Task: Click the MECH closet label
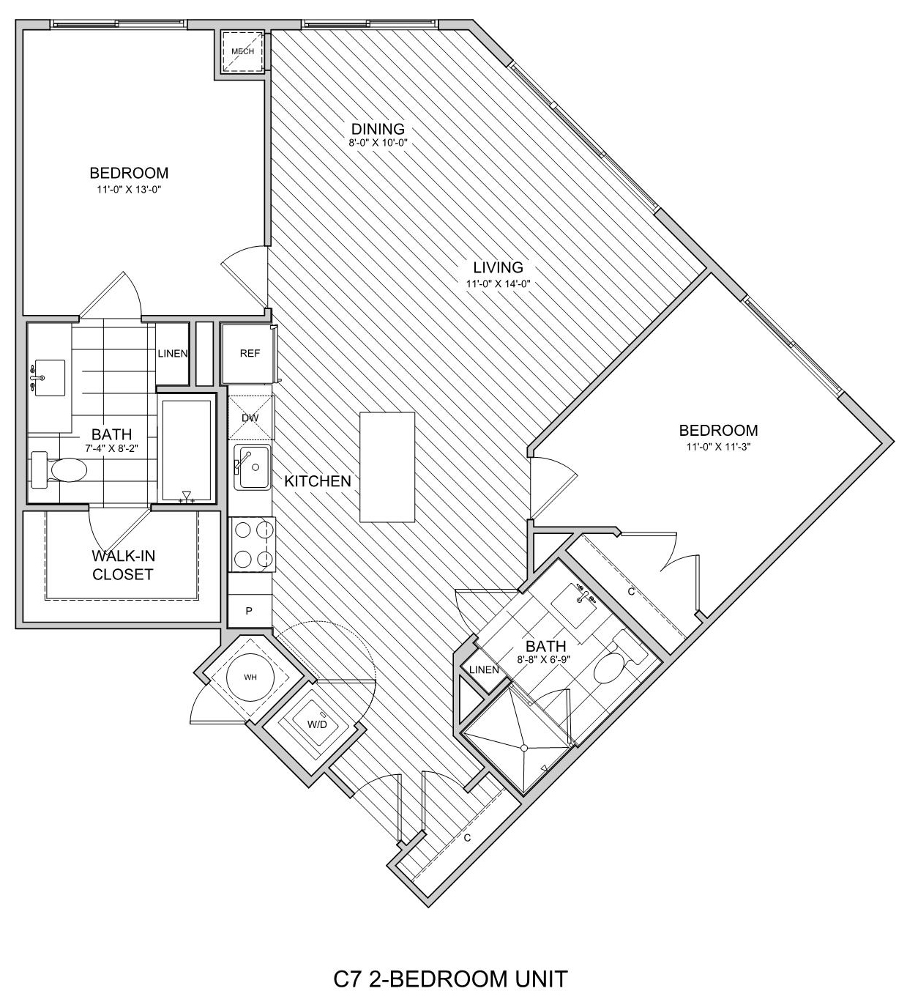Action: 243,51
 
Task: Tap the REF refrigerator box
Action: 248,354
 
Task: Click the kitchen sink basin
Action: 253,467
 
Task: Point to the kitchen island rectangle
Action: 387,467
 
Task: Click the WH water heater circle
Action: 250,677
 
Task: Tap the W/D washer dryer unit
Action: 317,724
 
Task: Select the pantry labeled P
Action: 249,610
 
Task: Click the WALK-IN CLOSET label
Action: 123,565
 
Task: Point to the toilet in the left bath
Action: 59,469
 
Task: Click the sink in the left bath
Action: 49,378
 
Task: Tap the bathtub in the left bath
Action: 186,451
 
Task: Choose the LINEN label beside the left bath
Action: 172,354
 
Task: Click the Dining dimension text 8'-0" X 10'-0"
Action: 378,142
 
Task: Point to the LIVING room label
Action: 498,267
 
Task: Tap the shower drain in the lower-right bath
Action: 524,748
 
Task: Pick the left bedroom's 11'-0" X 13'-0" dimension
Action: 129,189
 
